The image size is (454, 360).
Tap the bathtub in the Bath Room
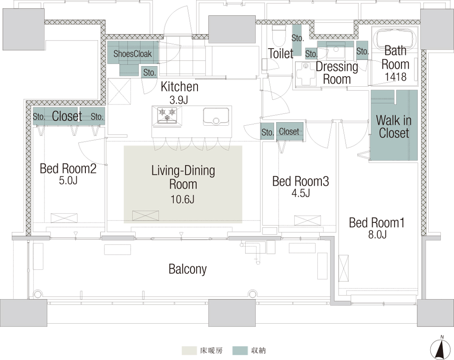(395, 40)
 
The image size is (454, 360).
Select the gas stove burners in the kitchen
(167, 114)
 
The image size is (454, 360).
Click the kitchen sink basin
(216, 116)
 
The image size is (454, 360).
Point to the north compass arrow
(442, 348)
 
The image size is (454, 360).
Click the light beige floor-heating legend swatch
(189, 350)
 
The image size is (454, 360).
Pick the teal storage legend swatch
(240, 350)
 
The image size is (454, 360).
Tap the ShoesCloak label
(133, 54)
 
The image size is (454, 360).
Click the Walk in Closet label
(394, 127)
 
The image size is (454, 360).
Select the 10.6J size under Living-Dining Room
(183, 199)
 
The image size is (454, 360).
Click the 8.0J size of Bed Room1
(377, 234)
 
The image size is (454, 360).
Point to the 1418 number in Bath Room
(395, 77)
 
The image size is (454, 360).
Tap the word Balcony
(188, 269)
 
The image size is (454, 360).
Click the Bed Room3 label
(301, 181)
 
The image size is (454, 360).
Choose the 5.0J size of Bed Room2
(68, 180)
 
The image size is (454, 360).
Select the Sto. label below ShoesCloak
(150, 72)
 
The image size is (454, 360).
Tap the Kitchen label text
(179, 87)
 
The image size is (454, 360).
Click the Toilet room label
(281, 53)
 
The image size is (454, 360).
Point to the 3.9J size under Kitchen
(179, 100)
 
